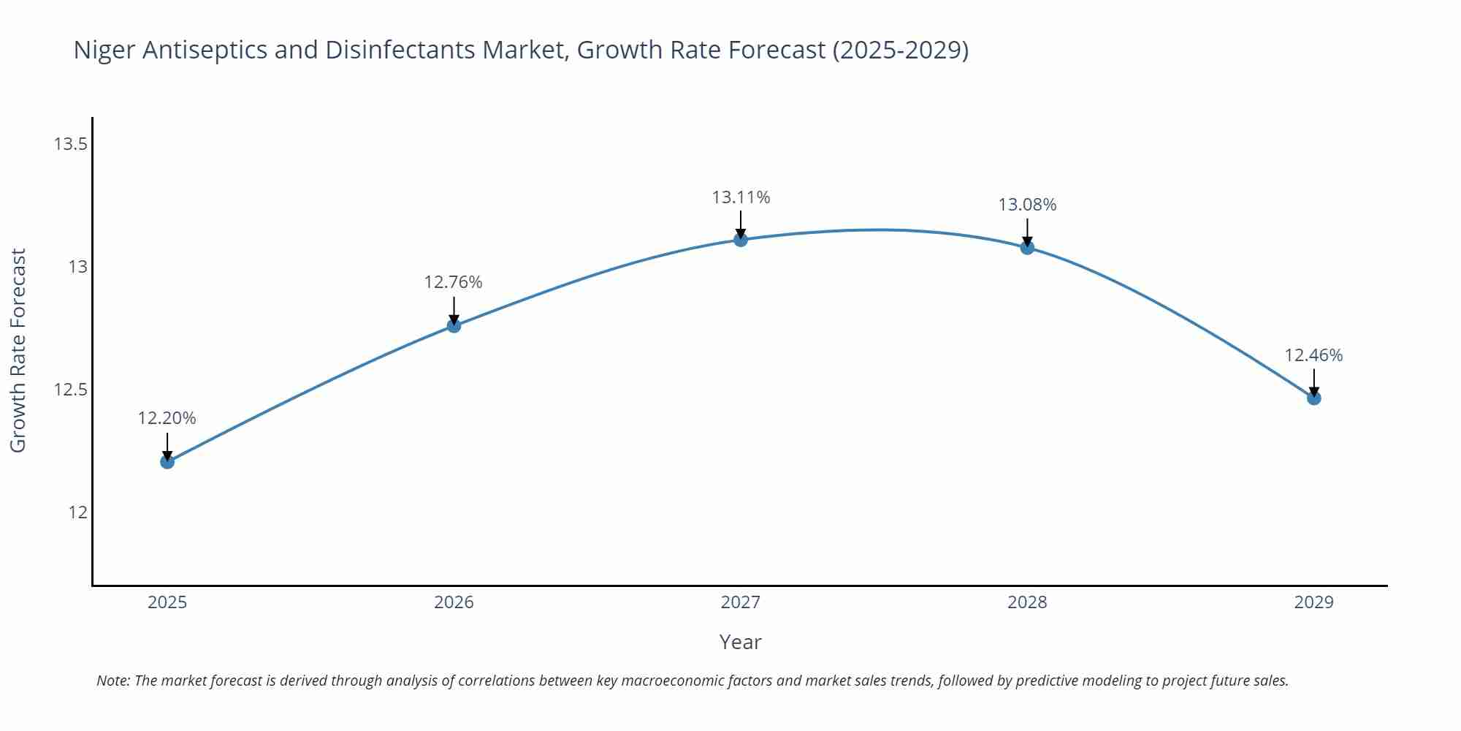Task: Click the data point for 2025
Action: click(x=167, y=461)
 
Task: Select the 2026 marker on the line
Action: click(x=454, y=325)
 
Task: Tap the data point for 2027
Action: click(x=741, y=239)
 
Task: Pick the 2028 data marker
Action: click(x=1027, y=247)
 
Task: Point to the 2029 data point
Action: click(x=1313, y=398)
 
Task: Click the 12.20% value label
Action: click(x=167, y=418)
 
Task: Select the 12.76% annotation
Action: click(x=453, y=282)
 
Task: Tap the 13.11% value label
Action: click(x=741, y=197)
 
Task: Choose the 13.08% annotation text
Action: click(x=1027, y=205)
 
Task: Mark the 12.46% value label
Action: click(x=1313, y=355)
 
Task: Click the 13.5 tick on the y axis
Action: click(x=70, y=144)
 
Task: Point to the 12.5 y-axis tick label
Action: click(x=70, y=390)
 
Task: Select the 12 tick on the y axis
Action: click(x=77, y=512)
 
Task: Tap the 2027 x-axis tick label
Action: click(x=741, y=602)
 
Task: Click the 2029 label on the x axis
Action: click(x=1313, y=602)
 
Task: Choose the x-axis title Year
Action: click(x=740, y=642)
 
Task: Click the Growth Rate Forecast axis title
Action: click(x=18, y=350)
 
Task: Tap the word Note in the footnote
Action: click(x=112, y=681)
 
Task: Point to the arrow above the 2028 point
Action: click(x=1027, y=232)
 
